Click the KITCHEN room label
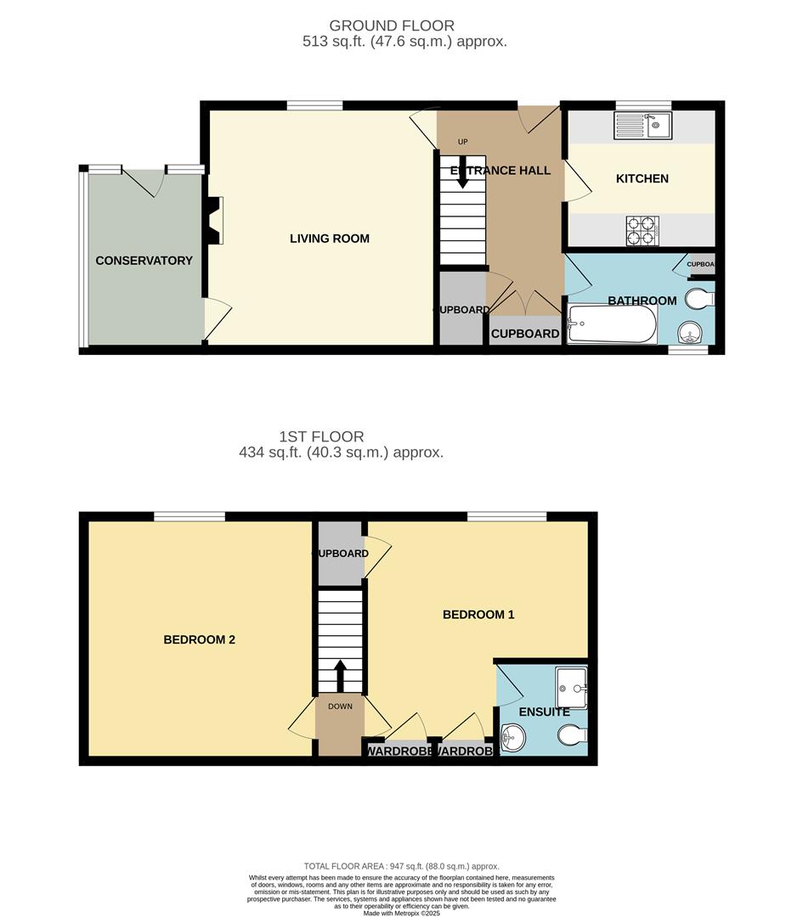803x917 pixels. coord(642,178)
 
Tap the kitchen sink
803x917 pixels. coord(642,127)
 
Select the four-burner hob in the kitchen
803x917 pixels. coord(642,230)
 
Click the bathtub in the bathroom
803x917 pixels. coord(612,324)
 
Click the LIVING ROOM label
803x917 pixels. coord(330,239)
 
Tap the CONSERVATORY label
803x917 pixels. coord(144,261)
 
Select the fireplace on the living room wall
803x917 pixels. coord(215,216)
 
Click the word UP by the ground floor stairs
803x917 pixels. coord(463,142)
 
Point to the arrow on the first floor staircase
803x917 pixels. coord(340,675)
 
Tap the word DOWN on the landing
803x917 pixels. coord(340,706)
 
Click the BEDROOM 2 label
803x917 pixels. coord(199,640)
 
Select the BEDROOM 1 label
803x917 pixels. coord(478,615)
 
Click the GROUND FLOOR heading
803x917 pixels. coord(392,25)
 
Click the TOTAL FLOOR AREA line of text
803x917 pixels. coord(401,866)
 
